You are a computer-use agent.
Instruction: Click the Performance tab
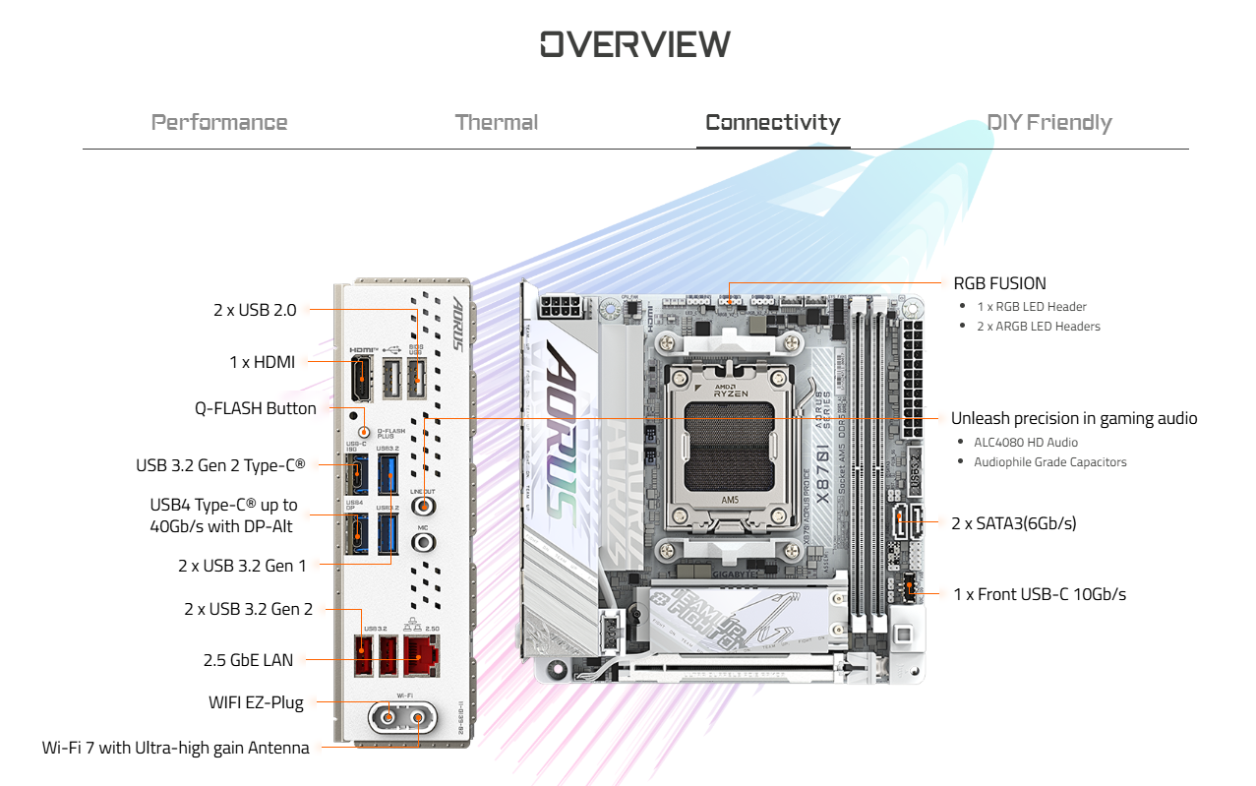219,123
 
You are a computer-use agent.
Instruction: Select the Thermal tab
496,123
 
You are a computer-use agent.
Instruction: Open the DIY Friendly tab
1048,123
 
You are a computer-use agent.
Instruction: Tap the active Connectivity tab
772,123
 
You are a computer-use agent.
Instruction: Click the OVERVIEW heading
634,44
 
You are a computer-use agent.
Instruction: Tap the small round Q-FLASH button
365,432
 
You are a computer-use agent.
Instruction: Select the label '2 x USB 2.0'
255,310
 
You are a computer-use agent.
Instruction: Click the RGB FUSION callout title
999,283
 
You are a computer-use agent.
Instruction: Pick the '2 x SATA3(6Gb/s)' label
1013,523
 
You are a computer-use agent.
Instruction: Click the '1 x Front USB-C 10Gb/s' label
1040,594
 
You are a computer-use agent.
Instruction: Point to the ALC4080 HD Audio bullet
1025,443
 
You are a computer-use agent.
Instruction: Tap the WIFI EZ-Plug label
256,702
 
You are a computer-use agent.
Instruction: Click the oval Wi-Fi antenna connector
403,719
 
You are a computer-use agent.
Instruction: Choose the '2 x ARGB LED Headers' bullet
1038,327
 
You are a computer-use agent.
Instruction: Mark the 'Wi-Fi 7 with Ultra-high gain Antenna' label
175,748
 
